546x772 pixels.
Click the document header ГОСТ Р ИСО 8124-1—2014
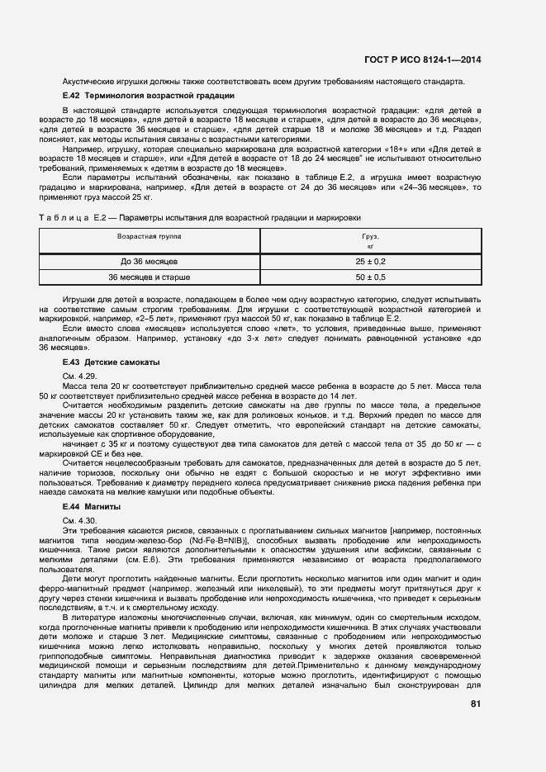tap(434, 59)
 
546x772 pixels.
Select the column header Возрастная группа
tap(150, 235)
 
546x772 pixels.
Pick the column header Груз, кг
tap(371, 240)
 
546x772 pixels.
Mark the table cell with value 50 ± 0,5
tap(371, 277)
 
